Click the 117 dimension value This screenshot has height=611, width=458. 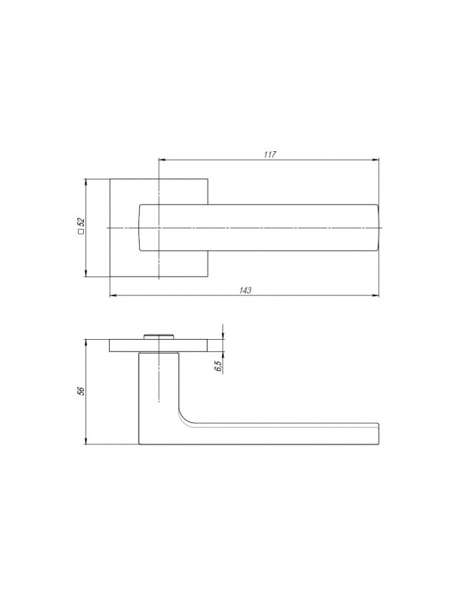click(x=269, y=154)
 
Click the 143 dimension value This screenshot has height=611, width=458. click(x=245, y=290)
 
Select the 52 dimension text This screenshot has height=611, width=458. click(x=82, y=222)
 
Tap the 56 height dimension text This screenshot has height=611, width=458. click(x=81, y=392)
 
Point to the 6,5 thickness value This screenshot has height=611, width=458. click(x=218, y=366)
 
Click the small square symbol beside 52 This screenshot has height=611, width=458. click(x=82, y=233)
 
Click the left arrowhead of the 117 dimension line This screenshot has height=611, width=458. click(x=163, y=160)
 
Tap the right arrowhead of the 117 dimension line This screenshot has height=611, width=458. click(x=376, y=160)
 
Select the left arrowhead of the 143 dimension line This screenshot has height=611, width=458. click(x=113, y=296)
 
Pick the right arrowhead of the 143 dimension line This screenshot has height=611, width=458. click(x=376, y=296)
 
